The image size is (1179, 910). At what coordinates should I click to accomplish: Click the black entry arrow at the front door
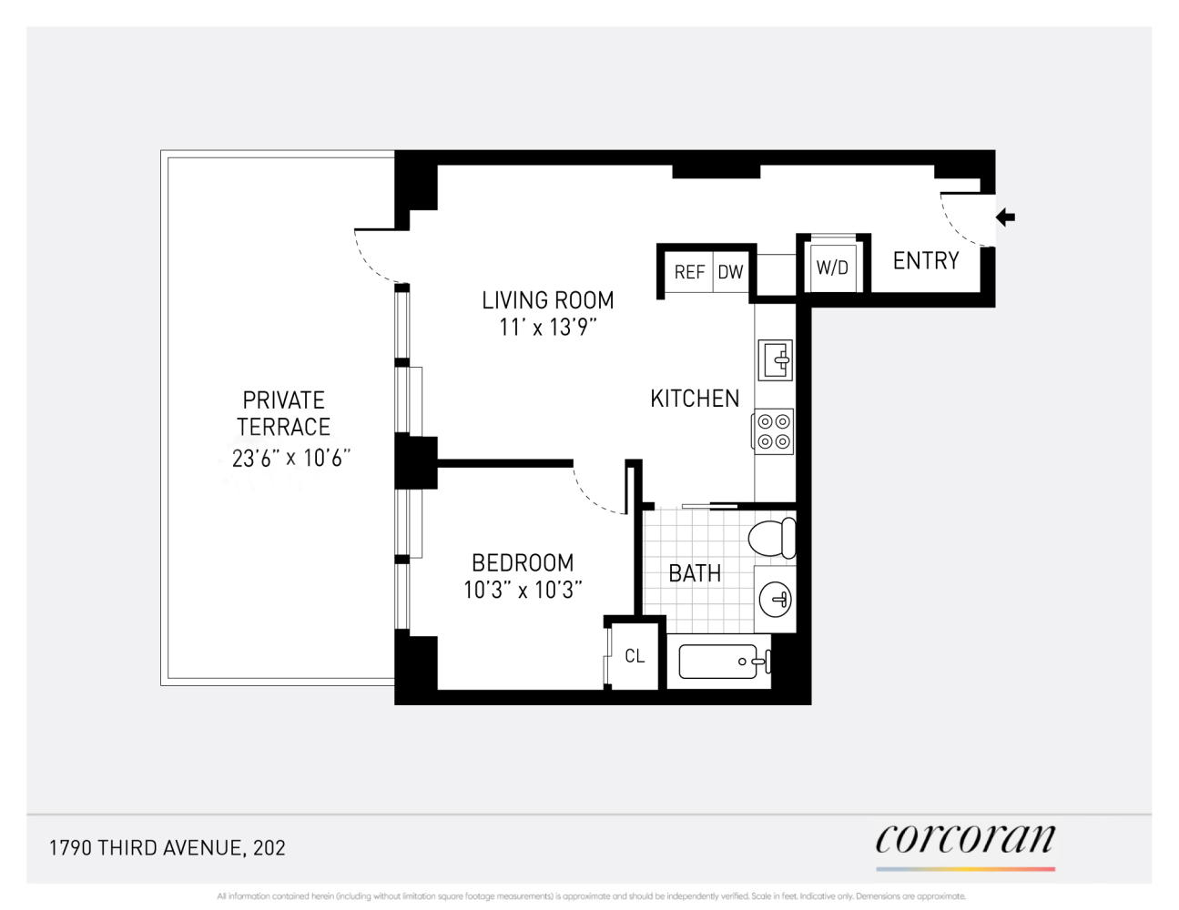(x=1005, y=217)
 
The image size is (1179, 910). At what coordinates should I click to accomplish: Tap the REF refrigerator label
(x=689, y=272)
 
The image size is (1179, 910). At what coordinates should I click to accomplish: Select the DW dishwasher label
(x=730, y=272)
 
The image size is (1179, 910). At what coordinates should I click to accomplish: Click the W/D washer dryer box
(x=832, y=268)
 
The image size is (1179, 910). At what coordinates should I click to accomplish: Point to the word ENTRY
(x=926, y=261)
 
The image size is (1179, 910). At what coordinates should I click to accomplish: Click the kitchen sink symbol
(x=776, y=360)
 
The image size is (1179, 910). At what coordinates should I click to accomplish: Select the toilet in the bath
(x=772, y=538)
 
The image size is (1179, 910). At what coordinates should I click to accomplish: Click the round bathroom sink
(x=776, y=599)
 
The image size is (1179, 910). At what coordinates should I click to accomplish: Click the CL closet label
(x=635, y=656)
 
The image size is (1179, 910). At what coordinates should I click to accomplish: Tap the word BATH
(x=695, y=573)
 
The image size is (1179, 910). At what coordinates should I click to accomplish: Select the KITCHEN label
(x=695, y=399)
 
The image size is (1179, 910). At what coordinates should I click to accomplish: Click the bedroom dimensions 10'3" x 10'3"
(x=523, y=591)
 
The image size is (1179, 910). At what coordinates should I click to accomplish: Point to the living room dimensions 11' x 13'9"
(x=548, y=328)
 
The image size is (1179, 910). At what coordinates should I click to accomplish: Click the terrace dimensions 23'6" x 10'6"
(x=290, y=458)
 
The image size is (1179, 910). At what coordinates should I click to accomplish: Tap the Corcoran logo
(x=965, y=840)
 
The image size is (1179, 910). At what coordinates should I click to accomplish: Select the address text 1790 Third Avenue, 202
(x=168, y=848)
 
